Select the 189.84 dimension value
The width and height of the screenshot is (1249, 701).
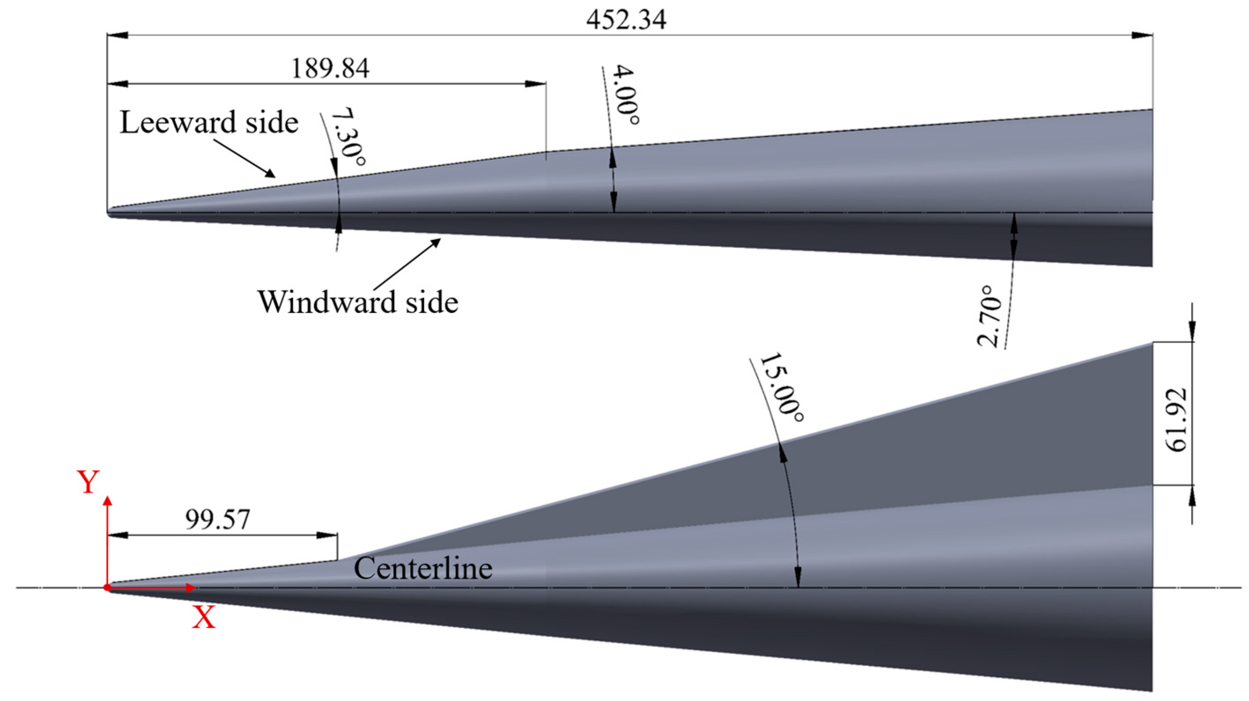330,68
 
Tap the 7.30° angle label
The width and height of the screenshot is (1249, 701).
348,136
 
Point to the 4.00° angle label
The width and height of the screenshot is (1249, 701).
626,95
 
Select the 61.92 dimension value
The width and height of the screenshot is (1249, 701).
1177,420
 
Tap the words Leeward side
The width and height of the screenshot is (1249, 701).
209,122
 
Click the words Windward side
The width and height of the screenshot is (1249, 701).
358,302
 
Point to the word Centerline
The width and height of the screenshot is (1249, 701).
423,569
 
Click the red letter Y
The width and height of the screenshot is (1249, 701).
88,482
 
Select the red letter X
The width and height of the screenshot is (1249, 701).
204,618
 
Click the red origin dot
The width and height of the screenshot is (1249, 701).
107,588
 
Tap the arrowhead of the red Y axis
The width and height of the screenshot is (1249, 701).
107,501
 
